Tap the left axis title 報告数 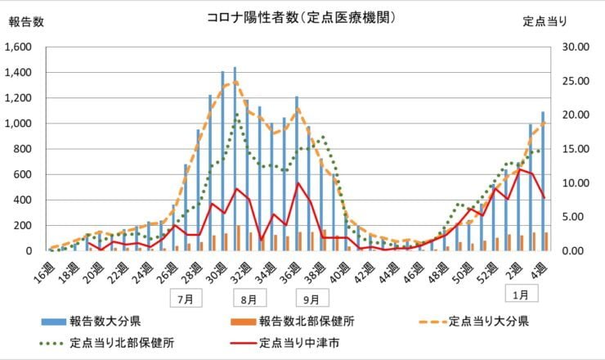point(26,21)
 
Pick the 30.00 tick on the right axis point(570,47)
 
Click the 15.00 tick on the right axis point(570,149)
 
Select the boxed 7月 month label point(185,299)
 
